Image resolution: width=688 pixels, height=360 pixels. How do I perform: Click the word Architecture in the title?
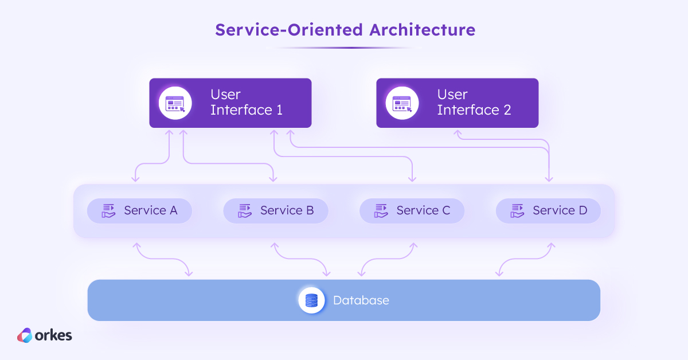(422, 29)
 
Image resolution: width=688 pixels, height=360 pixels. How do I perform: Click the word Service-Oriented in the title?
(289, 29)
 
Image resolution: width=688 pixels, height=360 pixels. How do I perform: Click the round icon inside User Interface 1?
(175, 103)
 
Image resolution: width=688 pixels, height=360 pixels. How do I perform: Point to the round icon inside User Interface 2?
(402, 103)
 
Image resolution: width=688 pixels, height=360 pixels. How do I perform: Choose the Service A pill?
(139, 210)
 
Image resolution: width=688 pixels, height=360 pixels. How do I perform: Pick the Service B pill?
(275, 210)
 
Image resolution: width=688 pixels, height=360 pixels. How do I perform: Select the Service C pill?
(412, 210)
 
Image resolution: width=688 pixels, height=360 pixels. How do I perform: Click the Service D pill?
(548, 210)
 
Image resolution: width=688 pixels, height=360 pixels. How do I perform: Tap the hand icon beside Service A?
(109, 210)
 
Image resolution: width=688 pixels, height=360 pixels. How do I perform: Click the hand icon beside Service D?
(518, 210)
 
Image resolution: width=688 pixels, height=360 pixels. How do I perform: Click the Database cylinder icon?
(311, 300)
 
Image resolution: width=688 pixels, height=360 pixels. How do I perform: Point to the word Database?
(361, 300)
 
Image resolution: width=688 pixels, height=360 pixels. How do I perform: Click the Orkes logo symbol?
(25, 335)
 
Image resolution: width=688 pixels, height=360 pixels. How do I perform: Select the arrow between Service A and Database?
(163, 259)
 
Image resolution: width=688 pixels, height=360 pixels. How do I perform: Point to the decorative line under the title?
(344, 48)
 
